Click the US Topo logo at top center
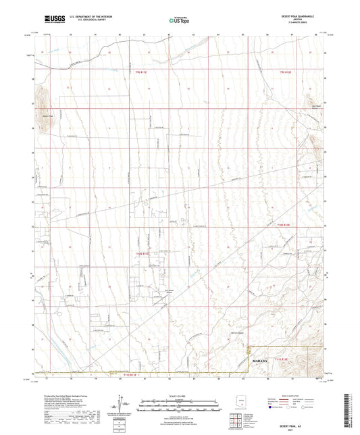(178, 20)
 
